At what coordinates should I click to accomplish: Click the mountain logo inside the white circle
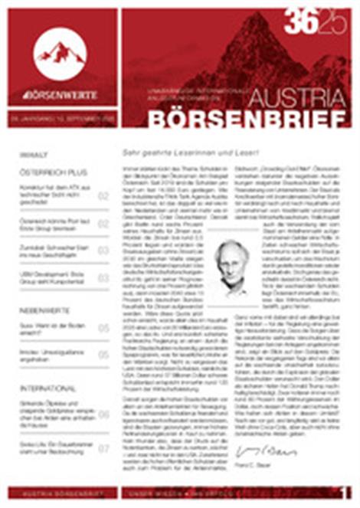tap(60, 52)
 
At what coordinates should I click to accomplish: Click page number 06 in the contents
tap(103, 415)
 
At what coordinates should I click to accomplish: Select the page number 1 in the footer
tap(345, 493)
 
